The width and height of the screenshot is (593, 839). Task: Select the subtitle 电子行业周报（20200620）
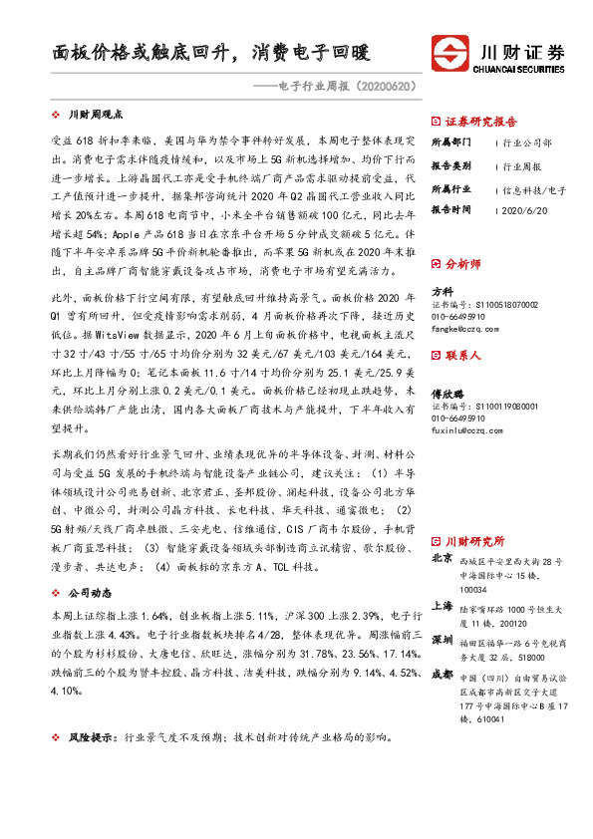pyautogui.click(x=344, y=87)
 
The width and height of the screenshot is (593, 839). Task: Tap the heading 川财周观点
pyautogui.click(x=102, y=116)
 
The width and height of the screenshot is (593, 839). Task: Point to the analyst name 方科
pyautogui.click(x=442, y=290)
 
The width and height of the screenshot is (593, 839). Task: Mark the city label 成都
pyautogui.click(x=443, y=674)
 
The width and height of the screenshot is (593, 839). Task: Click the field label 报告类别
pyautogui.click(x=450, y=165)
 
